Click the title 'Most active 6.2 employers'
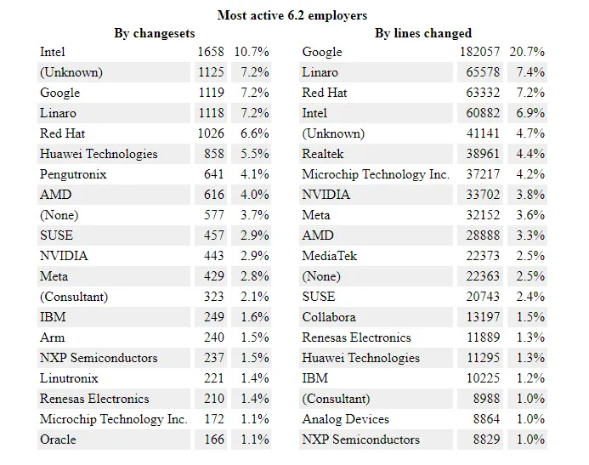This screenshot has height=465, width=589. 292,14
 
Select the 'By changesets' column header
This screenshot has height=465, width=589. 154,33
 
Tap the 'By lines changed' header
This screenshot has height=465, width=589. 422,33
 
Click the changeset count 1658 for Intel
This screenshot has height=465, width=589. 210,52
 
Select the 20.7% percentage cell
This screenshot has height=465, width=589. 527,52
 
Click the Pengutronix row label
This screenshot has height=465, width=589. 73,174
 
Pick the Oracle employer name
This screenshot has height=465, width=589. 58,439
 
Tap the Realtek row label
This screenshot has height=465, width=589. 322,154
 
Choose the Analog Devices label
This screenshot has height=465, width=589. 345,419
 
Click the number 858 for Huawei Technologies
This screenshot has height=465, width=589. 214,154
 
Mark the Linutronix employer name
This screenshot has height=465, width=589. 69,378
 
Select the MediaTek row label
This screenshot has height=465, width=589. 330,256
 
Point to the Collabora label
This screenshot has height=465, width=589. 329,317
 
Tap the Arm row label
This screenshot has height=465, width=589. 52,337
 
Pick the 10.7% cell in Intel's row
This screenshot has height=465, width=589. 252,52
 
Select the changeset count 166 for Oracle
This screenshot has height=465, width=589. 214,439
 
